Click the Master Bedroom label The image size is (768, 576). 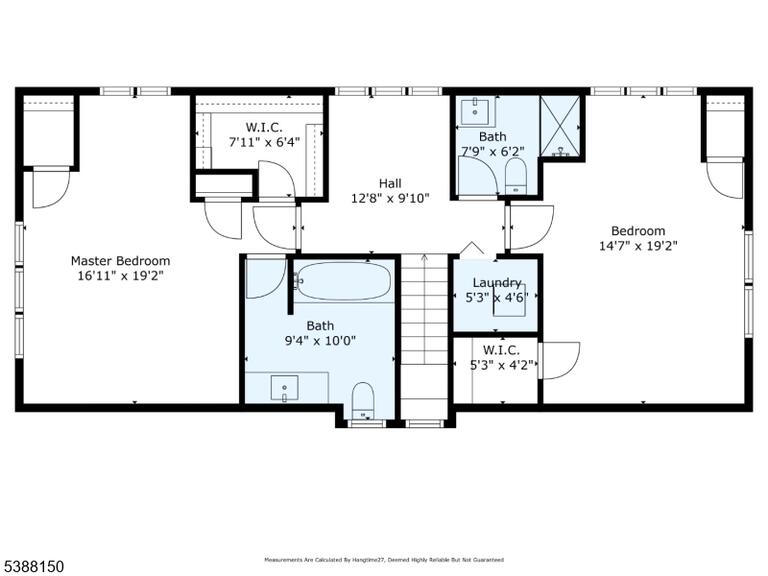[120, 261]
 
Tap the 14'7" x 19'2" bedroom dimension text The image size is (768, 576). [638, 246]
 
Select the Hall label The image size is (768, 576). [390, 184]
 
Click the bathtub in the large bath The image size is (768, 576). [344, 281]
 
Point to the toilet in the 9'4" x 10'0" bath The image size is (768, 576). [363, 400]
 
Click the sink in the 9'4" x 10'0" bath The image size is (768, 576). [285, 387]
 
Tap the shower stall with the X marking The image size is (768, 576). [560, 126]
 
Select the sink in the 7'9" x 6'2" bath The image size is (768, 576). [475, 111]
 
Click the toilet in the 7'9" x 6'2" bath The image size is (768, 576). [515, 176]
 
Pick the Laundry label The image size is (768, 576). [497, 283]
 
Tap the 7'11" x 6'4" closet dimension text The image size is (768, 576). [264, 143]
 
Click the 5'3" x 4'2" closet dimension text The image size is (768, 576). [502, 365]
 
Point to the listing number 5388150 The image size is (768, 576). [32, 567]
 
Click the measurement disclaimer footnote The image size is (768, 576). [384, 559]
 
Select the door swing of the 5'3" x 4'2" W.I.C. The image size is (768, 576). [559, 360]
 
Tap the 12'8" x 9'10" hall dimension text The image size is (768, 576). [390, 198]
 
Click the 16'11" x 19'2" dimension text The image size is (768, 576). [120, 276]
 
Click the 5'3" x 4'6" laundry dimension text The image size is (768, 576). [497, 298]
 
